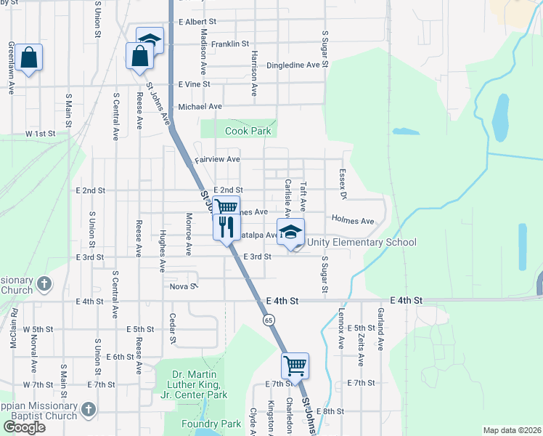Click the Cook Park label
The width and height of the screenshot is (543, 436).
(x=248, y=131)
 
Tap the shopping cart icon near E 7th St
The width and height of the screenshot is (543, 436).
(x=295, y=366)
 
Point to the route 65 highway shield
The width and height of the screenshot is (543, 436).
(x=269, y=320)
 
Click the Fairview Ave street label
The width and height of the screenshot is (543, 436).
(x=217, y=159)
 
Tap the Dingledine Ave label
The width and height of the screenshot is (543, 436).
(x=293, y=65)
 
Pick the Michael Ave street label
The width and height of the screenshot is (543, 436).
(x=200, y=106)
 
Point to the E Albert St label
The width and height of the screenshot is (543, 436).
(x=197, y=23)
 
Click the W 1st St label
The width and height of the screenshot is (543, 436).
(x=41, y=134)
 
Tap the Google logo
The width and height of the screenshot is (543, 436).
(x=25, y=427)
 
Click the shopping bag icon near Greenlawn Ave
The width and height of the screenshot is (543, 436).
(x=30, y=59)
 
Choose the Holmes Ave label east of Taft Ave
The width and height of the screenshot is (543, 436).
(x=352, y=220)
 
